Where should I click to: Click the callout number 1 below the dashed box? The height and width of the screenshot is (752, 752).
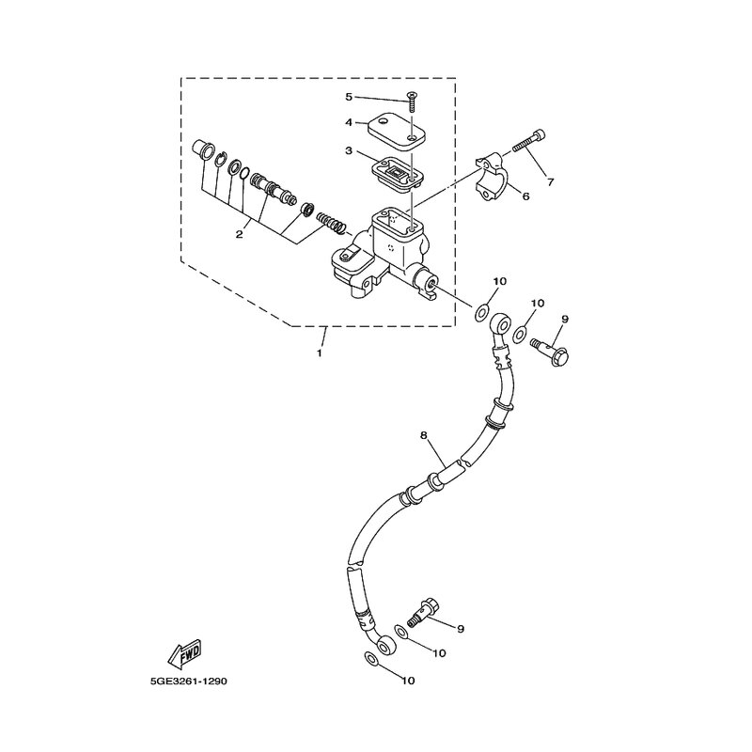319,354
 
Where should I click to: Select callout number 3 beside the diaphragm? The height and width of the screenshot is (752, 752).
348,150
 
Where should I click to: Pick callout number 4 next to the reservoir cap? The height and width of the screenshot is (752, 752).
348,121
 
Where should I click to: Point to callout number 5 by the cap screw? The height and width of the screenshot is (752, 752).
348,97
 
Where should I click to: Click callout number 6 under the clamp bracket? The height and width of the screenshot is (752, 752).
525,196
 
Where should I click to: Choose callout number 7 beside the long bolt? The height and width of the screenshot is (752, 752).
551,181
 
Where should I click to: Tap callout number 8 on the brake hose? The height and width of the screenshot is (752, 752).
424,435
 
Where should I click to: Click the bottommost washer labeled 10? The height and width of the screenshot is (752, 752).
372,663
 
